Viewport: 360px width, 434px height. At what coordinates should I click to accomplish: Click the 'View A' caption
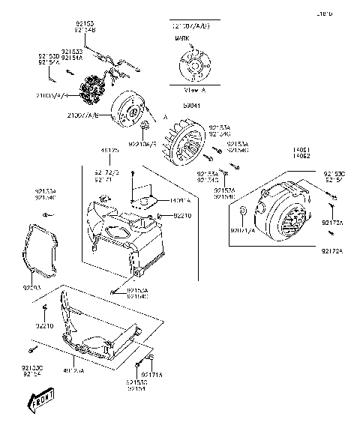pos(194,87)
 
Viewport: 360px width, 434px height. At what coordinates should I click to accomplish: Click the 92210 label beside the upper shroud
pos(183,216)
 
